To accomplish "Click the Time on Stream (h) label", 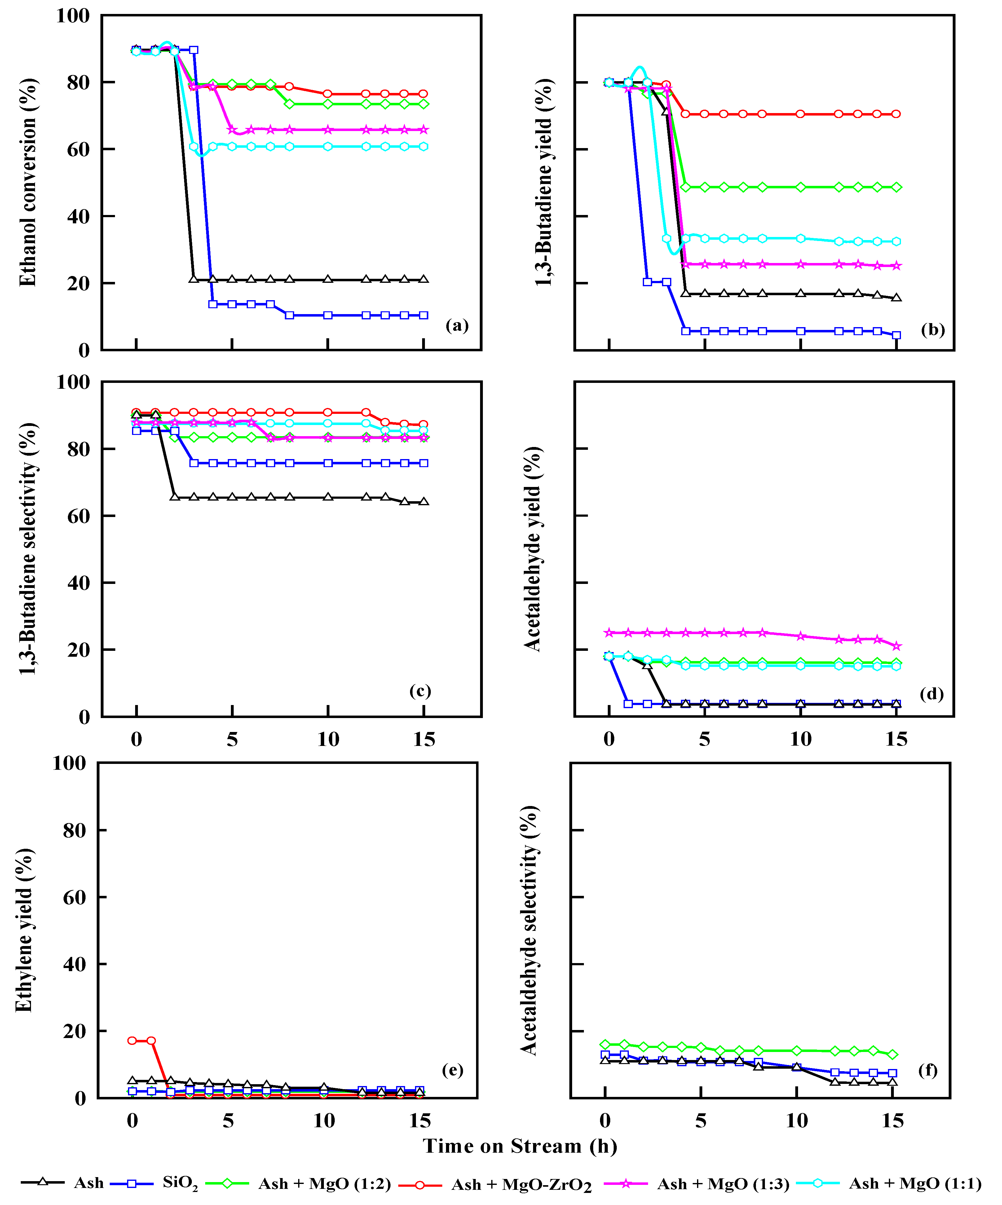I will click(520, 1146).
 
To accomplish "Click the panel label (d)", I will click(931, 694).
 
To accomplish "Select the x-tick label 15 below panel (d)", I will click(896, 739).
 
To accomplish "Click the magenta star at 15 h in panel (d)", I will click(896, 646).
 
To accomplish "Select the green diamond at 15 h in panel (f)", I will click(892, 1055).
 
